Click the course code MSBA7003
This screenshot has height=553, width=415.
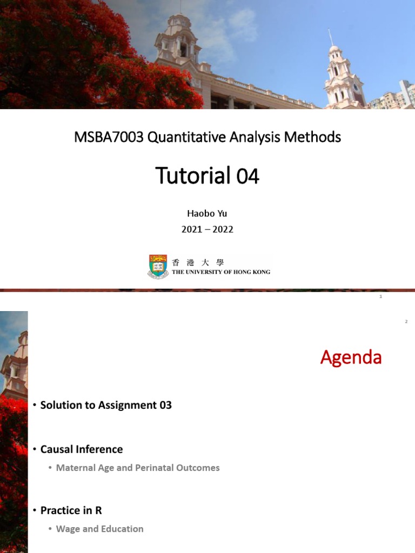click(x=109, y=138)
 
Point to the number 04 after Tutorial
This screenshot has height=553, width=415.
click(x=247, y=176)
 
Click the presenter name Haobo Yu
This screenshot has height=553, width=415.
click(x=207, y=213)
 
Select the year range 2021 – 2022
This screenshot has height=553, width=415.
click(x=207, y=229)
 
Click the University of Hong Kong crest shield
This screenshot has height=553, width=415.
click(x=158, y=266)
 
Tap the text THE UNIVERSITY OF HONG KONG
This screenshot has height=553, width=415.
click(x=220, y=272)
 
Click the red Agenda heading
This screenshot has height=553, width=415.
click(x=351, y=358)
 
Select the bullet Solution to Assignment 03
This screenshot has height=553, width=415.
click(x=106, y=405)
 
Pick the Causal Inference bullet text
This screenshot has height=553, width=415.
click(x=82, y=449)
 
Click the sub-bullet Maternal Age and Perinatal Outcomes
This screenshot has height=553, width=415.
click(x=138, y=468)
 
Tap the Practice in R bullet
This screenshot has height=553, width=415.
click(x=71, y=510)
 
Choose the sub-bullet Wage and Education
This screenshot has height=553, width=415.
click(x=100, y=529)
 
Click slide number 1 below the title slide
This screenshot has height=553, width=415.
click(x=381, y=296)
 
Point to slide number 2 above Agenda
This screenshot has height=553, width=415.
click(x=406, y=322)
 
